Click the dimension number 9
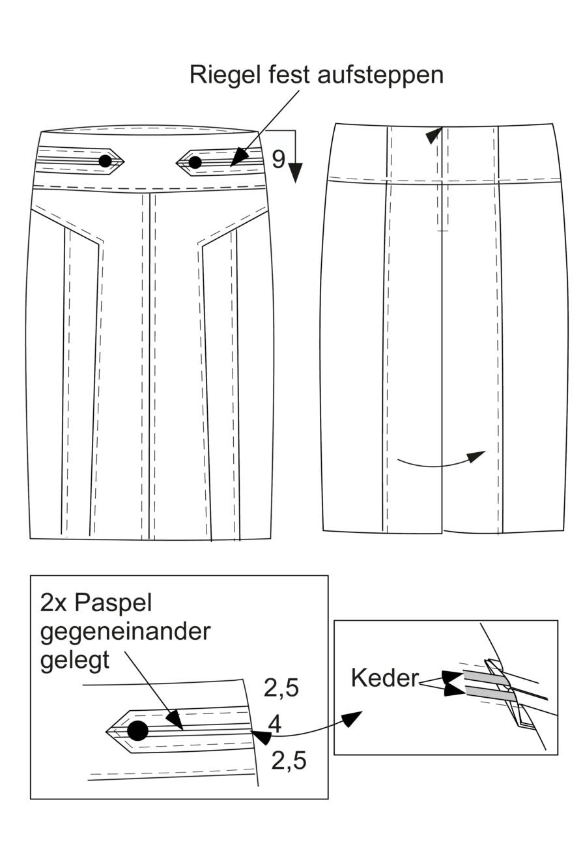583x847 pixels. tap(279, 159)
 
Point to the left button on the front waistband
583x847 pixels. tap(105, 161)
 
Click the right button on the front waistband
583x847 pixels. tap(195, 162)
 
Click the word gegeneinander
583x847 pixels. tap(125, 632)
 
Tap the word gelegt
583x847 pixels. tap(74, 661)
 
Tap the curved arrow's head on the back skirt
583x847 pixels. tap(476, 456)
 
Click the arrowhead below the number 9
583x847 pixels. tap(296, 173)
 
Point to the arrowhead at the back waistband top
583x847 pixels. tap(434, 136)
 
